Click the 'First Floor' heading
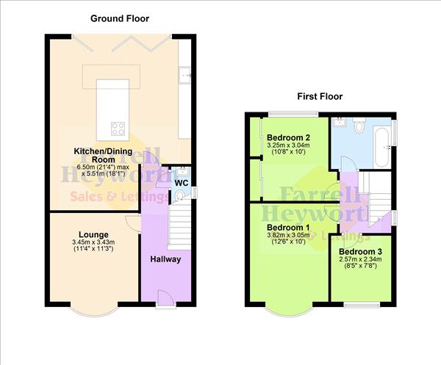[x=320, y=96]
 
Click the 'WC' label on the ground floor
[x=180, y=181]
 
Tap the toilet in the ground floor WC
[x=181, y=195]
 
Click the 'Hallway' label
[x=166, y=259]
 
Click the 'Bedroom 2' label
[x=288, y=137]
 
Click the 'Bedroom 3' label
[x=361, y=252]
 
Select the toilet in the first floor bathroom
[x=359, y=127]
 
